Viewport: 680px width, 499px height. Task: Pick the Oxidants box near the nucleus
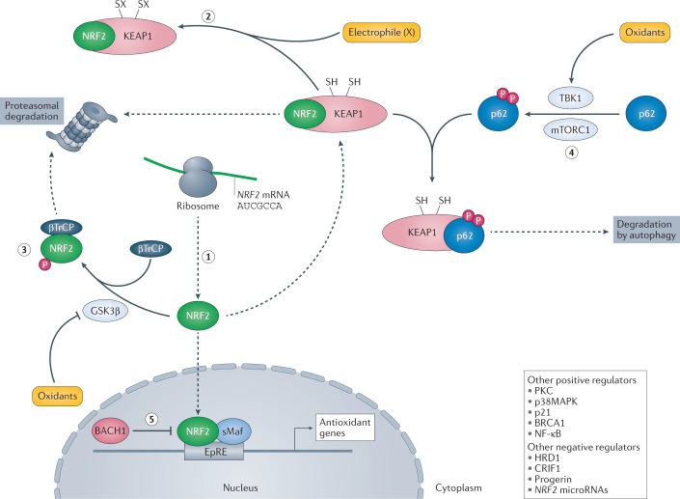57,395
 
